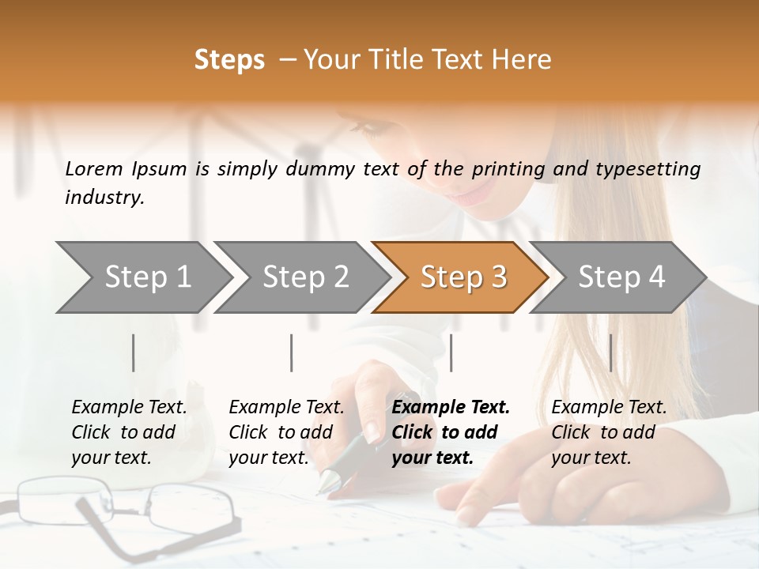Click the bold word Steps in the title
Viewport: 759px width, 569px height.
point(229,60)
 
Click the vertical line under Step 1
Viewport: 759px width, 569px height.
point(133,352)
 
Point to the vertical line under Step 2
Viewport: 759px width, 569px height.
point(291,352)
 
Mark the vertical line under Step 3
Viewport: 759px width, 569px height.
point(451,352)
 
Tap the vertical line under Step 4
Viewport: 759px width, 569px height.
point(610,352)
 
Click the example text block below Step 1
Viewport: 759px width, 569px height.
point(129,432)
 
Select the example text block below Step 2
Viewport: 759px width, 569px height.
point(286,432)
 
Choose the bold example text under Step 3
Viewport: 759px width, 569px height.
point(450,432)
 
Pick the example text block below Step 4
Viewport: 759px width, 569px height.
point(609,432)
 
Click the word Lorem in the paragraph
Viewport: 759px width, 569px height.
point(93,168)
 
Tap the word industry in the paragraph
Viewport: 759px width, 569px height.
point(104,198)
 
